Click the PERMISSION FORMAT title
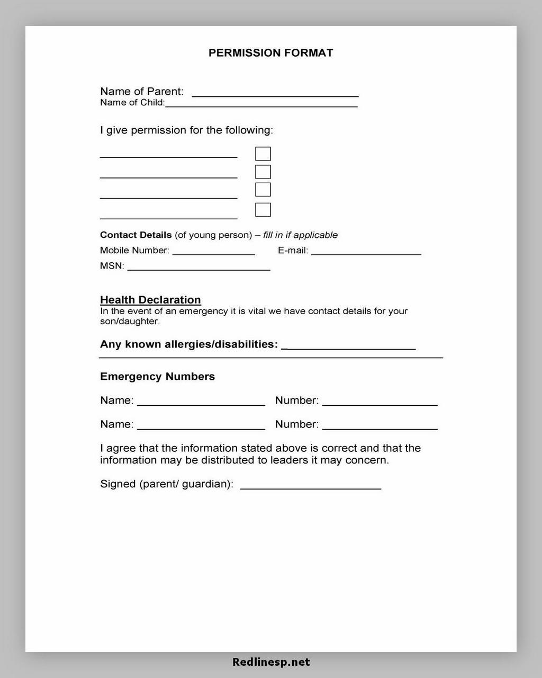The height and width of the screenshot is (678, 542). click(270, 53)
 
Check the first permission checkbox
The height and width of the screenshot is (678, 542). click(263, 154)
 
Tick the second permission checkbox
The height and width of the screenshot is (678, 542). click(263, 172)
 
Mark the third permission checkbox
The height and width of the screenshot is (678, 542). click(263, 190)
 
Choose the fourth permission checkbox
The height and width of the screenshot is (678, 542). click(263, 210)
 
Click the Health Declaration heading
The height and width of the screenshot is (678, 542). click(150, 300)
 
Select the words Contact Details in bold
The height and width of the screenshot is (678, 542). click(136, 235)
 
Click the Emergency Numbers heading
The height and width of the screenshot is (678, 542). click(157, 377)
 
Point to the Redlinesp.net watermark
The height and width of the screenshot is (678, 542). click(271, 662)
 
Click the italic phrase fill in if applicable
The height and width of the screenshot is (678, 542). click(300, 235)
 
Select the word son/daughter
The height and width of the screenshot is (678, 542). click(130, 322)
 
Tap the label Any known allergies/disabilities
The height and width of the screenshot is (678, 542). click(189, 344)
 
